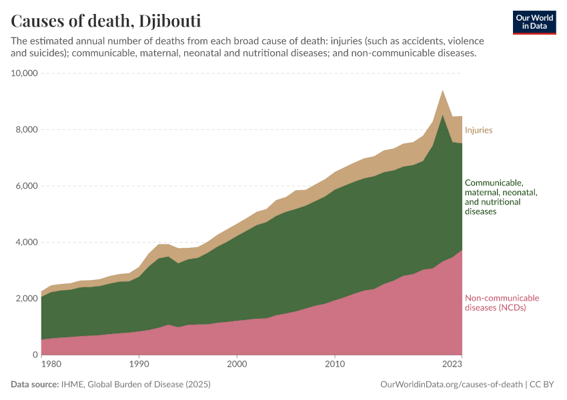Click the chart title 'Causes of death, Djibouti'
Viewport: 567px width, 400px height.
click(x=106, y=20)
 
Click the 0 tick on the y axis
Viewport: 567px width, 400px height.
click(x=33, y=355)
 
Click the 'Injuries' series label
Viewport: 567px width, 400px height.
click(x=478, y=130)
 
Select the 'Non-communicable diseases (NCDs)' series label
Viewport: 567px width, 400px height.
click(x=502, y=303)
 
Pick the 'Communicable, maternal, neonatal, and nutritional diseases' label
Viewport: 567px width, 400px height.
click(x=501, y=197)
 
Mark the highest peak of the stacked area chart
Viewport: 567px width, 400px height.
click(x=442, y=91)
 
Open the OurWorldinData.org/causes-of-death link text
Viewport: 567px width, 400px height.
click(x=451, y=384)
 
